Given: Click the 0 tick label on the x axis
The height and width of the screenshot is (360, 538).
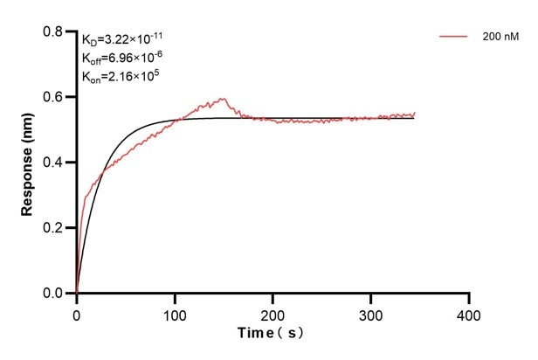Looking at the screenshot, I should pos(77,313).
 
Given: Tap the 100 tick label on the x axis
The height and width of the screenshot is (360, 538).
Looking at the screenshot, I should pos(175,313).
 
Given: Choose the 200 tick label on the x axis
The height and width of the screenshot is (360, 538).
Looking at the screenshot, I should pos(273,313).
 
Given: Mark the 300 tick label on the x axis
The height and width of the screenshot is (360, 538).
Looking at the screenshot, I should pos(371,313).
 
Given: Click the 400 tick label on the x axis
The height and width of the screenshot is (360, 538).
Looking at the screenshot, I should pos(470,313).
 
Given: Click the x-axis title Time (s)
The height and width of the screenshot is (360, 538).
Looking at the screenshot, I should pos(272,334).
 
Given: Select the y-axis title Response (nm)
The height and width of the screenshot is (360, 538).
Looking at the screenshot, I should pos(27,163).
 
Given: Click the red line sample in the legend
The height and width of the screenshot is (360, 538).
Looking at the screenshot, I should pos(455,37).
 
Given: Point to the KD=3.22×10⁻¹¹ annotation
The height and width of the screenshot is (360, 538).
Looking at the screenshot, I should pos(121,39).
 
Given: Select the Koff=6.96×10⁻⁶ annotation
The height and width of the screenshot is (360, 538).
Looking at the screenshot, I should pos(121,58).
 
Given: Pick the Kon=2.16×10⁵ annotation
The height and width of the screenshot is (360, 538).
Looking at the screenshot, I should pos(120,76).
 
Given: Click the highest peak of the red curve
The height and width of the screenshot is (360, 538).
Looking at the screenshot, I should pos(223,99).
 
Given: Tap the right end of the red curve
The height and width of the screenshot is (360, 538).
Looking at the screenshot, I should pos(415,113).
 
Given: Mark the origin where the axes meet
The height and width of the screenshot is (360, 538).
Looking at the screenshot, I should pos(77,294).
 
